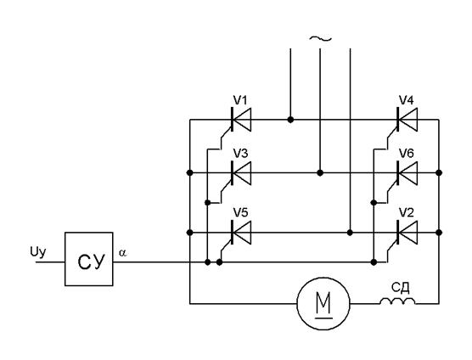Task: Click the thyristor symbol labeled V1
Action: click(241, 120)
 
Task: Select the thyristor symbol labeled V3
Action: click(241, 172)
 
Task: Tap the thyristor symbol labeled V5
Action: click(241, 233)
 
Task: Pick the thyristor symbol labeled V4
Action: click(407, 120)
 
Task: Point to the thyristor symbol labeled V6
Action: click(407, 172)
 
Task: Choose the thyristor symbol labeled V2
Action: click(407, 233)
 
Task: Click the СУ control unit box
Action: click(89, 259)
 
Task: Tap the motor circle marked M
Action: click(323, 304)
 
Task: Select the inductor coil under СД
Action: click(397, 301)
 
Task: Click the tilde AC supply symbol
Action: click(321, 38)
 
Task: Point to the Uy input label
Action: click(38, 252)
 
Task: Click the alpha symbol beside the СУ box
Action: click(122, 253)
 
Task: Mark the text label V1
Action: click(240, 100)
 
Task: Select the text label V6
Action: click(407, 154)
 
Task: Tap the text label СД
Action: click(401, 288)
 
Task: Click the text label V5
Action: click(241, 213)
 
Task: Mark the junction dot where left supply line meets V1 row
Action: click(290, 120)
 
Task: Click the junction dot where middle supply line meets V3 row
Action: click(320, 172)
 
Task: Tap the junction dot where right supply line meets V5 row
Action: click(350, 233)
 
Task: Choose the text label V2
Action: click(407, 213)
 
